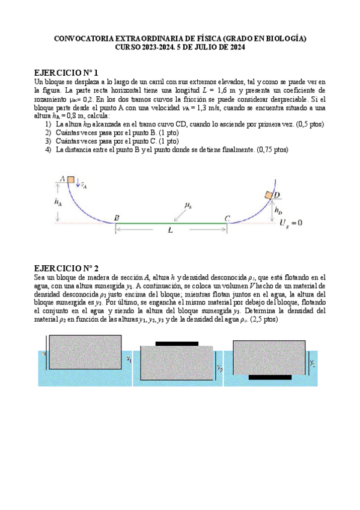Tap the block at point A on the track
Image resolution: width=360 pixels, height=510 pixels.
point(70,179)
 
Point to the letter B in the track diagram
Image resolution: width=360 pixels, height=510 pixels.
point(117,218)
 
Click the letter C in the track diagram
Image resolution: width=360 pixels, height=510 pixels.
point(227,218)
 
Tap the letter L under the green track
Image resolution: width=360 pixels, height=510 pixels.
point(171,230)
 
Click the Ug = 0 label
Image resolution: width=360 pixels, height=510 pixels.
point(291,223)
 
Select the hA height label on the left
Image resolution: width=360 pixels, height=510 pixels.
point(58,203)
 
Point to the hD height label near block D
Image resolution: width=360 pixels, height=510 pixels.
point(278,210)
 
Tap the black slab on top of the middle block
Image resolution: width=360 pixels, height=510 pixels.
point(177,344)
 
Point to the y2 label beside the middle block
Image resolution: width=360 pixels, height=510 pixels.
point(221,367)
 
